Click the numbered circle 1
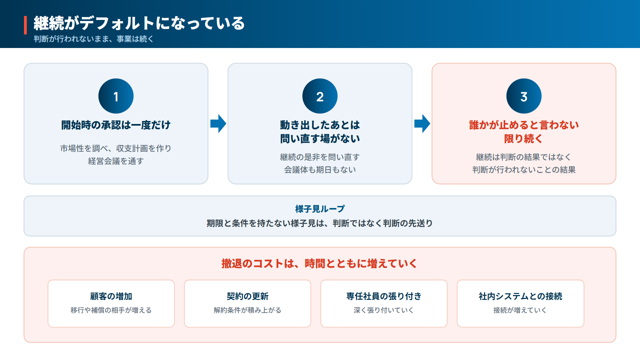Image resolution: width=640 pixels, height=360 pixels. pos(116,96)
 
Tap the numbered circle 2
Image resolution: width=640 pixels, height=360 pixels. pos(320,96)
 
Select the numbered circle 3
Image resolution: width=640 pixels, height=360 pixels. pos(524,96)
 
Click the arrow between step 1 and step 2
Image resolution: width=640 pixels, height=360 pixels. pos(218,124)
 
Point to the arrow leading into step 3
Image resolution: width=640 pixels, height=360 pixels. pos(422,124)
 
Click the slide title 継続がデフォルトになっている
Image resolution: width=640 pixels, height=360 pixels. pos(139,23)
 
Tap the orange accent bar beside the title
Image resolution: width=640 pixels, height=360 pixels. pos(25,25)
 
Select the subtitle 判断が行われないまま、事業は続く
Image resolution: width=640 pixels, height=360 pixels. pos(94,39)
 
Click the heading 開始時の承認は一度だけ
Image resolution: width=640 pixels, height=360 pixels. pos(116,125)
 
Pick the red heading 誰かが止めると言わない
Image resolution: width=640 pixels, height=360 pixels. pos(524,125)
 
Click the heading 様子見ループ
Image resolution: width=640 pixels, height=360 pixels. pos(320,209)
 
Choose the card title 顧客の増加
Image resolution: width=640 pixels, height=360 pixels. pos(111,296)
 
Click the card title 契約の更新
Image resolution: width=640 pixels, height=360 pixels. pos(248,296)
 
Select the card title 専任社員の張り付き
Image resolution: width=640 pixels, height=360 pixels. pos(384,296)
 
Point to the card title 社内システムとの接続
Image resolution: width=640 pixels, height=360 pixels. pos(521,296)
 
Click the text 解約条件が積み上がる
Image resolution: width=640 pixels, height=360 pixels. pos(248,310)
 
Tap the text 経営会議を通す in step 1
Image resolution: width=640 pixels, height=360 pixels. pos(116,161)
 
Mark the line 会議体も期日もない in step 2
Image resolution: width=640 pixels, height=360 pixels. pos(320,170)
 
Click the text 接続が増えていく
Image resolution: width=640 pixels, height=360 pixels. pos(520,310)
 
